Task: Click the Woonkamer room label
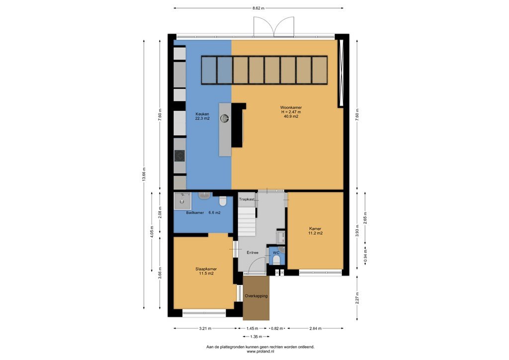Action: pos(291,107)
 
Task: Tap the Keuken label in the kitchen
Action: pos(202,114)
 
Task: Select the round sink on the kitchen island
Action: pos(225,118)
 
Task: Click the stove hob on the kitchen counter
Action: pos(179,156)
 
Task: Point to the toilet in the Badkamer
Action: pos(223,201)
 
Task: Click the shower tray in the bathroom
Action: pos(182,201)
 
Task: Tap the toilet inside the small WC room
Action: pos(276,260)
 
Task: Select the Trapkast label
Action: pos(247,199)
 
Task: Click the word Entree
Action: pos(253,253)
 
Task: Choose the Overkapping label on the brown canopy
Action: pos(256,296)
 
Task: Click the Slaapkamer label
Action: pos(206,269)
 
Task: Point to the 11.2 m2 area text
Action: pos(315,233)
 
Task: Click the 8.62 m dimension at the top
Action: pos(258,8)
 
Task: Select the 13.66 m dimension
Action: pos(144,176)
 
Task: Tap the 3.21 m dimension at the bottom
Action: pos(205,328)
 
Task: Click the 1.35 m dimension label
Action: pos(256,337)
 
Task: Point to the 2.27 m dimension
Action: pos(357,298)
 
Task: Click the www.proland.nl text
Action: pos(260,351)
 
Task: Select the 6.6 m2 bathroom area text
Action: pos(214,213)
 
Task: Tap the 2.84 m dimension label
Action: pos(315,328)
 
